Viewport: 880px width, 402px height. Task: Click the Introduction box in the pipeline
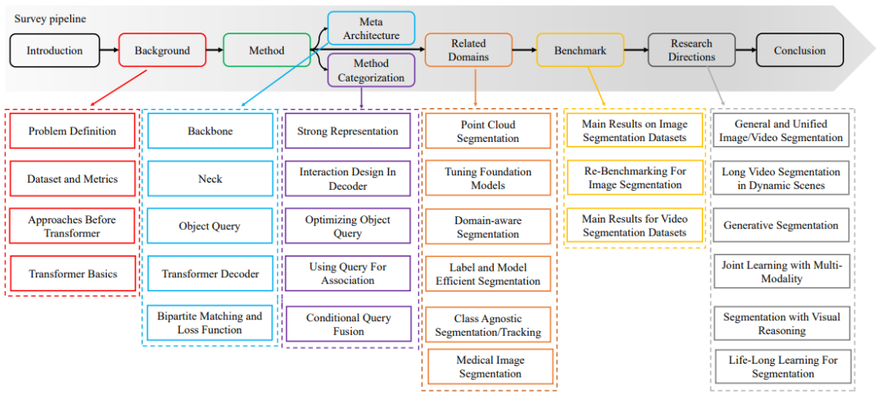[55, 51]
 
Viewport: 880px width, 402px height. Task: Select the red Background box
[162, 51]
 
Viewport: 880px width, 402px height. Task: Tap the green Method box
[266, 51]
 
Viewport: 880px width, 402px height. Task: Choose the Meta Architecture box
[371, 28]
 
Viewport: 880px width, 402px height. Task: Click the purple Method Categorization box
[371, 71]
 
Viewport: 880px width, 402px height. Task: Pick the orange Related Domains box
[468, 50]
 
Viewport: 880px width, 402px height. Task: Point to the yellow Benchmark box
[580, 51]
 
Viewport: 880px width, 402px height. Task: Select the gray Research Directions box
[692, 51]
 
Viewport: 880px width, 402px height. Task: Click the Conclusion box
[799, 51]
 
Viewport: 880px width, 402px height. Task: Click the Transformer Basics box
[72, 274]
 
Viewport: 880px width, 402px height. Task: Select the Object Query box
[209, 227]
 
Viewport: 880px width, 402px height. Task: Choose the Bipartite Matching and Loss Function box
[209, 323]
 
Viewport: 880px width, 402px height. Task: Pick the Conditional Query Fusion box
[348, 325]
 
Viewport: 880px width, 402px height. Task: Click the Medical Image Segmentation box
[489, 367]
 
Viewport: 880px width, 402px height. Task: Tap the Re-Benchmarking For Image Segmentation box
[635, 179]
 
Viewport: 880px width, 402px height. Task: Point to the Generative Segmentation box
[781, 226]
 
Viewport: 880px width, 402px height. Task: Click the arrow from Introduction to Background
[109, 51]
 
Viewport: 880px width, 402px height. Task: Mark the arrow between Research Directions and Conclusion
[745, 51]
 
